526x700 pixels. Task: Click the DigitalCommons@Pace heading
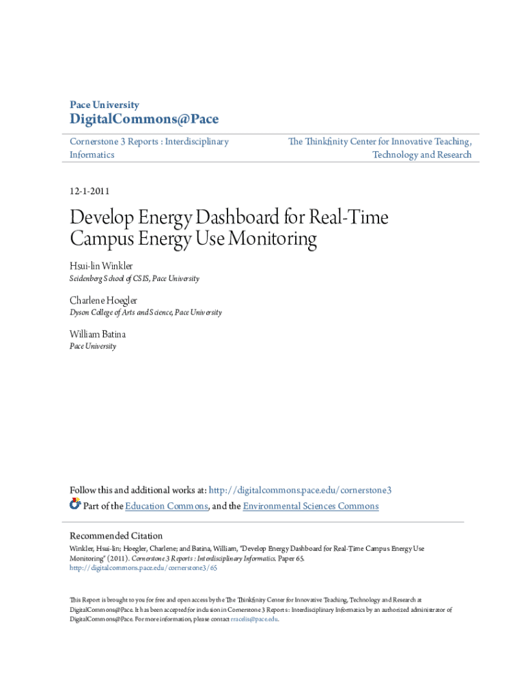[144, 120]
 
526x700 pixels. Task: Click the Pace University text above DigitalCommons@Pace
[105, 105]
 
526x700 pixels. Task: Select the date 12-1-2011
[89, 191]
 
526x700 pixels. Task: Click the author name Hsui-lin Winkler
[102, 265]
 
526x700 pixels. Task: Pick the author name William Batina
[98, 334]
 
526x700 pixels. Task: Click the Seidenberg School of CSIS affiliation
[135, 278]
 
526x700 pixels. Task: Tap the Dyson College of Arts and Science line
[146, 312]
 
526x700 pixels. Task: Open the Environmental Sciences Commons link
[311, 506]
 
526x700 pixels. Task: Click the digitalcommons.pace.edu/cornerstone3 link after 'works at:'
[300, 490]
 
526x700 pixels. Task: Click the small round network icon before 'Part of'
[75, 504]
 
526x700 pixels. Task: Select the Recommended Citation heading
[117, 535]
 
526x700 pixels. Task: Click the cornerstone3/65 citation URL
[143, 567]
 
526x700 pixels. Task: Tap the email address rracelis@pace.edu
[255, 619]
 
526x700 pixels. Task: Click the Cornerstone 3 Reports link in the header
[150, 142]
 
